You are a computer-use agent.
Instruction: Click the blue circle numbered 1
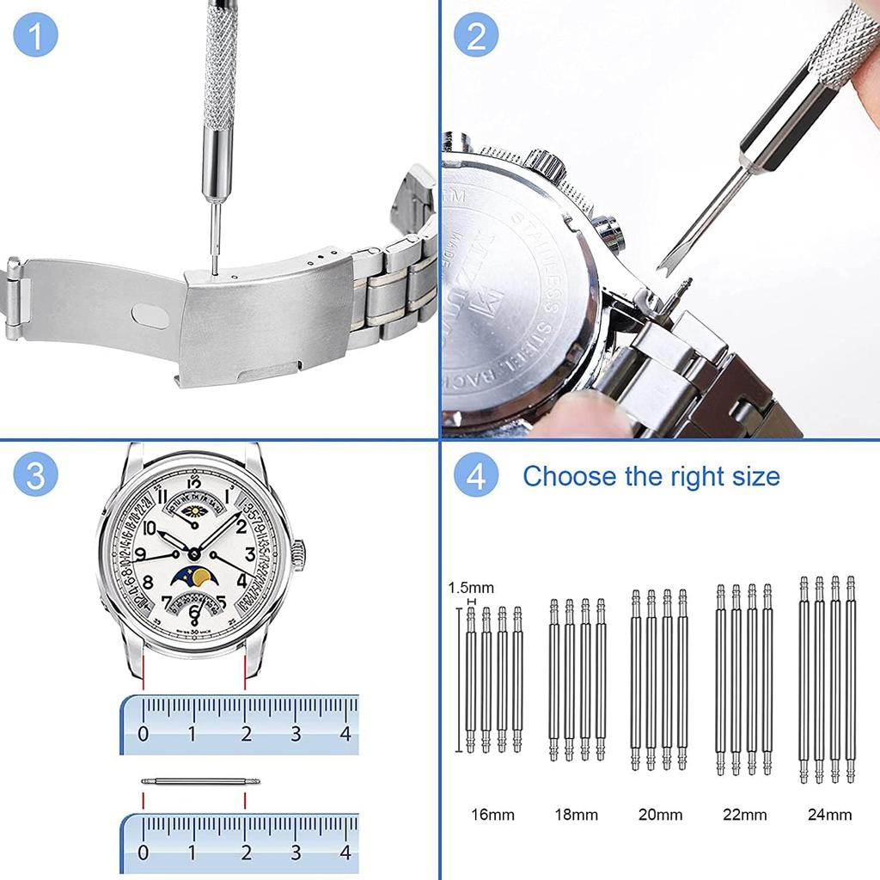click(37, 37)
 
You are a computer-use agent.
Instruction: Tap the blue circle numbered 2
click(477, 37)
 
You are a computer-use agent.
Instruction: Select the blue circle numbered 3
click(37, 476)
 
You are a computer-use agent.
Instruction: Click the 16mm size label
click(492, 814)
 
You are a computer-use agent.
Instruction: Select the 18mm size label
click(576, 814)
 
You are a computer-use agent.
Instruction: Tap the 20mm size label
click(661, 814)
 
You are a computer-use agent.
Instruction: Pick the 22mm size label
click(745, 814)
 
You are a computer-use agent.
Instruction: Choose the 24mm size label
click(829, 814)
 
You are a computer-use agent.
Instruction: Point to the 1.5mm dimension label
click(471, 588)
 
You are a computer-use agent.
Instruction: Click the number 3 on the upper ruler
click(296, 734)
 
